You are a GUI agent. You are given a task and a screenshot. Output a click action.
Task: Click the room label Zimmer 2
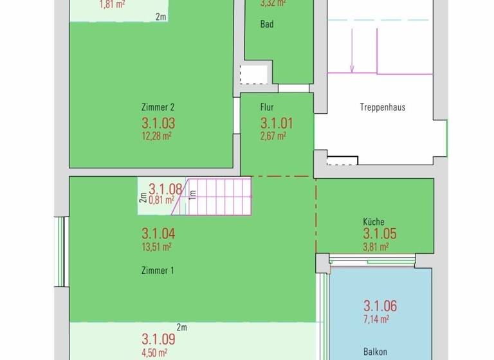click(x=158, y=107)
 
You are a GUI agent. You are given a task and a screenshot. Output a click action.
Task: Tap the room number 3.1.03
click(x=158, y=123)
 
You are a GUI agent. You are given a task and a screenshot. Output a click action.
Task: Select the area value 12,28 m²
click(x=156, y=136)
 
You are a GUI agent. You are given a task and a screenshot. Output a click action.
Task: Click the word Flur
click(x=268, y=107)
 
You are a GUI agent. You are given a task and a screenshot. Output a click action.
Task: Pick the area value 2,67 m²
click(x=273, y=136)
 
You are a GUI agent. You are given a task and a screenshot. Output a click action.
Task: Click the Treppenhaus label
click(x=383, y=107)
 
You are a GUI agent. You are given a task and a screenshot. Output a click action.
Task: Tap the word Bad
click(x=266, y=24)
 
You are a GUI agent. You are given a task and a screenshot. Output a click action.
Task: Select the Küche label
click(x=374, y=222)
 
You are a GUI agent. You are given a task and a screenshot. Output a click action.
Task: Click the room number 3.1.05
click(x=380, y=234)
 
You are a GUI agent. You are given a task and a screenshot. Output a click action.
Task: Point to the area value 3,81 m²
click(x=376, y=246)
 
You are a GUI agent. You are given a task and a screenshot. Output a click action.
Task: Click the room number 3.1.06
click(x=380, y=306)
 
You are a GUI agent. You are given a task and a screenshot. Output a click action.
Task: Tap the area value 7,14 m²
click(x=376, y=318)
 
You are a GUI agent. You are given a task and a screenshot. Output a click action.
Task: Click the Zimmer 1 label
click(x=158, y=271)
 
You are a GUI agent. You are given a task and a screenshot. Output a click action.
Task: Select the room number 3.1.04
click(x=158, y=234)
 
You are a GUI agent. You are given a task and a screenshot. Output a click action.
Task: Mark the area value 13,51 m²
click(x=156, y=246)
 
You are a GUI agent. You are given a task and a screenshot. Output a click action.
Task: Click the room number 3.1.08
click(x=165, y=189)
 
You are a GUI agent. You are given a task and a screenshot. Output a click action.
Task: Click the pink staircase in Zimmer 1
click(x=219, y=197)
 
